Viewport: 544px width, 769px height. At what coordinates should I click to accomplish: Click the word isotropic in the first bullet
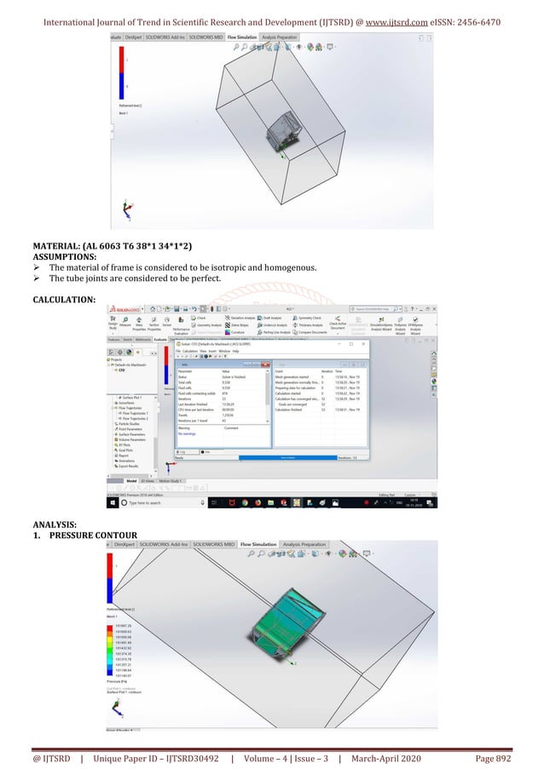(x=213, y=267)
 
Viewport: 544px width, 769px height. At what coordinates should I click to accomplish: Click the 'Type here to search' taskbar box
(x=153, y=503)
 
